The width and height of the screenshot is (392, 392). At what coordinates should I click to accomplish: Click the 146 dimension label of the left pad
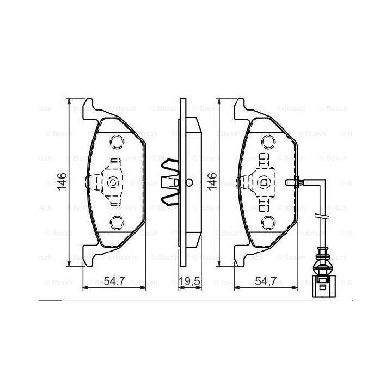(62, 181)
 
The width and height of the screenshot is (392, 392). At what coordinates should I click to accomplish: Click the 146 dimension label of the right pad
(212, 181)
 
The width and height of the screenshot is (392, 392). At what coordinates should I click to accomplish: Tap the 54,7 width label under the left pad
(114, 281)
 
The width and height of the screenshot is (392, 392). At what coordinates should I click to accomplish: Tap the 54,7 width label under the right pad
(266, 281)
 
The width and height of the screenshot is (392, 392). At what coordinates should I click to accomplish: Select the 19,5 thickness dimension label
(189, 281)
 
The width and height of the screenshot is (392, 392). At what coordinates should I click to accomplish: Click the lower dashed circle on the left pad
(117, 223)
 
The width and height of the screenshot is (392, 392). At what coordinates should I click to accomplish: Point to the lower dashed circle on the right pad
(268, 223)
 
